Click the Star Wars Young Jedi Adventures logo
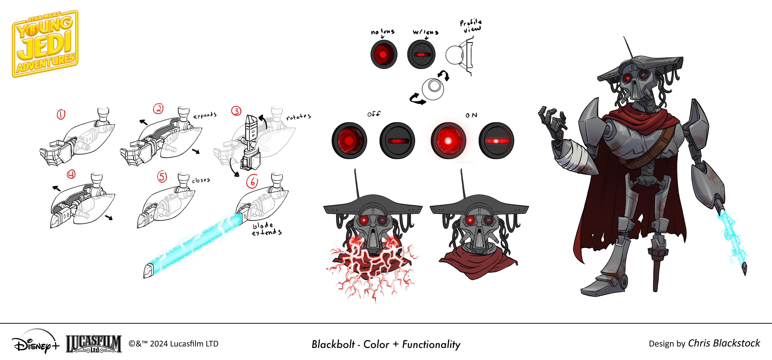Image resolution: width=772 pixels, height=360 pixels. point(45,44)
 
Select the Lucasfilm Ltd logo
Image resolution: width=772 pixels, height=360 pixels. point(93,344)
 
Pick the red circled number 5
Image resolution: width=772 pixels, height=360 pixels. point(162,177)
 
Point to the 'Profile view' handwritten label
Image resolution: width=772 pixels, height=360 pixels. point(471,26)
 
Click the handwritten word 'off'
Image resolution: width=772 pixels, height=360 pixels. point(374,114)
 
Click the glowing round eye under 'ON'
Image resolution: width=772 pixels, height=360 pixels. point(448,140)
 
